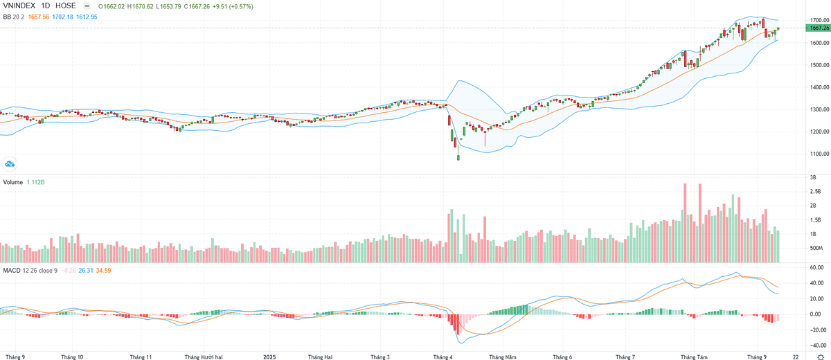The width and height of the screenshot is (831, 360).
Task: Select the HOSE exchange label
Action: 66,6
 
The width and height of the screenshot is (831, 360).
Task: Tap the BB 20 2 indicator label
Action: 13,16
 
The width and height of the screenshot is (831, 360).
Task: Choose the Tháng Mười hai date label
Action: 203,357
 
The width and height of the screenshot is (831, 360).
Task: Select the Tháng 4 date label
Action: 443,357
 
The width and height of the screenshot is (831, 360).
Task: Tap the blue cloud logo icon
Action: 10,163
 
